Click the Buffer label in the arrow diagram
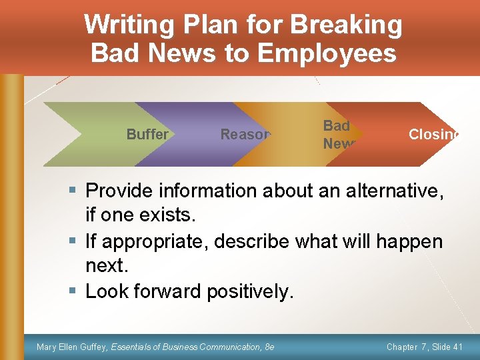click(x=147, y=134)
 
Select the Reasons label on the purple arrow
click(x=245, y=134)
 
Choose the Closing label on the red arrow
click(x=434, y=134)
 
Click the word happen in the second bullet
click(x=409, y=241)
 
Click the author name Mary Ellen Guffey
click(x=72, y=347)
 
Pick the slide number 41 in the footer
click(x=457, y=347)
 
